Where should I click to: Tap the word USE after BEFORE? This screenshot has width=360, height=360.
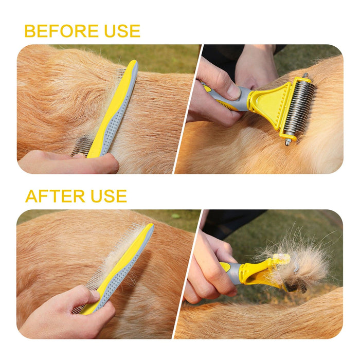click(x=122, y=31)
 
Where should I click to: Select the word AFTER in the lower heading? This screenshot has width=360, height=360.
click(x=55, y=196)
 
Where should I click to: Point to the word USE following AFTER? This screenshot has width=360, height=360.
click(x=109, y=196)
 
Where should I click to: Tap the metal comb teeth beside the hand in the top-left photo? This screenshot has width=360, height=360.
click(x=80, y=146)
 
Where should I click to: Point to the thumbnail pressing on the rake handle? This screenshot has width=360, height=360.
click(x=233, y=91)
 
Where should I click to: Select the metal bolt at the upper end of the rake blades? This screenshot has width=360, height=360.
click(x=305, y=76)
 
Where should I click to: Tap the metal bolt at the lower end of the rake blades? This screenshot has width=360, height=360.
click(x=288, y=142)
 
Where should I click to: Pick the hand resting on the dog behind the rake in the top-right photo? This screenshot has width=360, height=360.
click(x=255, y=66)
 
